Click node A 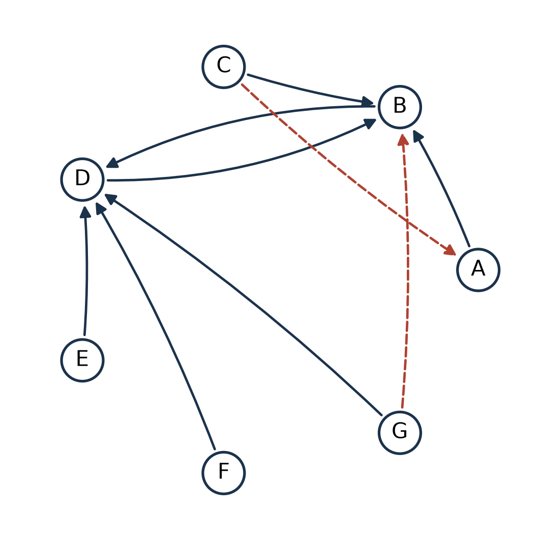point(478,269)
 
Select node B point(400,107)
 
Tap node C point(224,67)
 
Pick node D point(82,179)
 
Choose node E point(82,360)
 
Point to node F point(224,473)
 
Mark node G point(400,433)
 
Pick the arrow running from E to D point(86,271)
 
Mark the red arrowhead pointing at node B point(403,139)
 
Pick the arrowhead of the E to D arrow point(85,212)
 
